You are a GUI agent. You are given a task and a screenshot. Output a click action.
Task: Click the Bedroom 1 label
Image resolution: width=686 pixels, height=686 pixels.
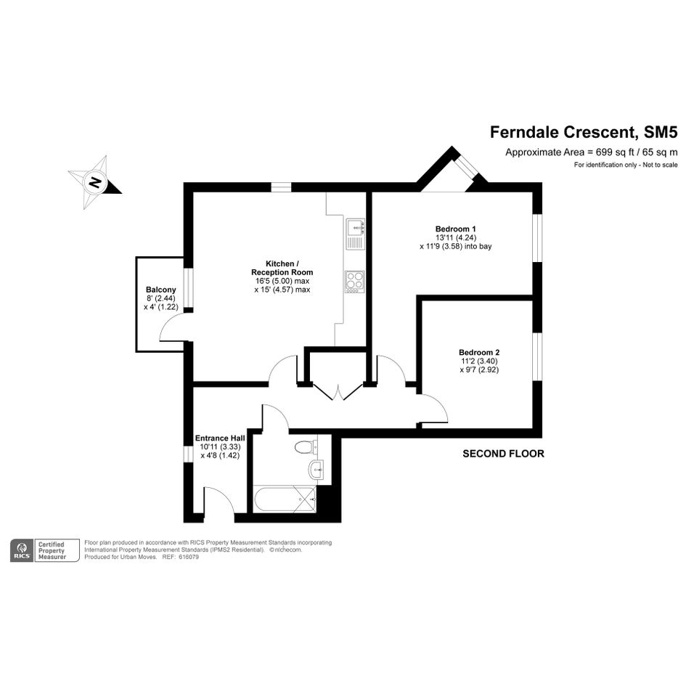coord(455,229)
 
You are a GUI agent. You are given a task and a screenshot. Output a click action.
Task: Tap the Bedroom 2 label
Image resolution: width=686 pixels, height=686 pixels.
coord(479,352)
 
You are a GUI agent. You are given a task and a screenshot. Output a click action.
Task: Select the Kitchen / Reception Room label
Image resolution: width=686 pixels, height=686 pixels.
coord(282,268)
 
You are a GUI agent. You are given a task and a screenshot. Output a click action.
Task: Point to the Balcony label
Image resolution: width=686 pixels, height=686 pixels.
coord(161,290)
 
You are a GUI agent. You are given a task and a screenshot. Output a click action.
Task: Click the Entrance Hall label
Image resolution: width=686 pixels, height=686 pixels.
coord(220,438)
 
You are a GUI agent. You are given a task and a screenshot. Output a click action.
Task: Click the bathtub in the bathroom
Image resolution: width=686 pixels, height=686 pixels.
coord(285,499)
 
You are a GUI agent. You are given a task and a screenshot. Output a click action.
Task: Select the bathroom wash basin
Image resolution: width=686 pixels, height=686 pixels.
coord(318,470)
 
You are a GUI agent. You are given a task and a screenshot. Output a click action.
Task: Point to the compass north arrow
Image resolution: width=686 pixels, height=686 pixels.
coord(95,182)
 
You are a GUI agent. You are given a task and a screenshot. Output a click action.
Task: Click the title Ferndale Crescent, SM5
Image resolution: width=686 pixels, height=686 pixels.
coord(584,132)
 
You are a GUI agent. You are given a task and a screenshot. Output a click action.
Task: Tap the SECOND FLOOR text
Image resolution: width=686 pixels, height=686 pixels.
coord(503,454)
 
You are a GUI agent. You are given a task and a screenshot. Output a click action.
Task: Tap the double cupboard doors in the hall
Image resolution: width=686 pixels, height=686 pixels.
coord(338,392)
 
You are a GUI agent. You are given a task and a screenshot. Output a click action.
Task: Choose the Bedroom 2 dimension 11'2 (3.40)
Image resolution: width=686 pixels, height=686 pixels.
coord(479,361)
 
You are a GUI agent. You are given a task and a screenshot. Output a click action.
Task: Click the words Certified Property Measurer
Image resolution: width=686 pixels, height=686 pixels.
coord(52,550)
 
